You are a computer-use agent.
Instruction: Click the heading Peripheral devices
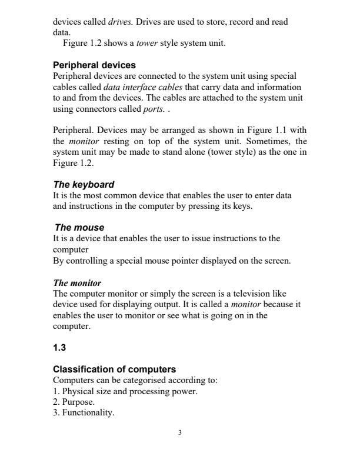click(94, 65)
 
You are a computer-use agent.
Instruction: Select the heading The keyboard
click(84, 184)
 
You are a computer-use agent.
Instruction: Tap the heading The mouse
click(79, 227)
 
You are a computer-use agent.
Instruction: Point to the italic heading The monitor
click(77, 283)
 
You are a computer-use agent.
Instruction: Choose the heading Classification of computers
click(114, 370)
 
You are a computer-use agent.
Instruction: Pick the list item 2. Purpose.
click(74, 401)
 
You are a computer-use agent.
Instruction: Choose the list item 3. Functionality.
click(84, 412)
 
